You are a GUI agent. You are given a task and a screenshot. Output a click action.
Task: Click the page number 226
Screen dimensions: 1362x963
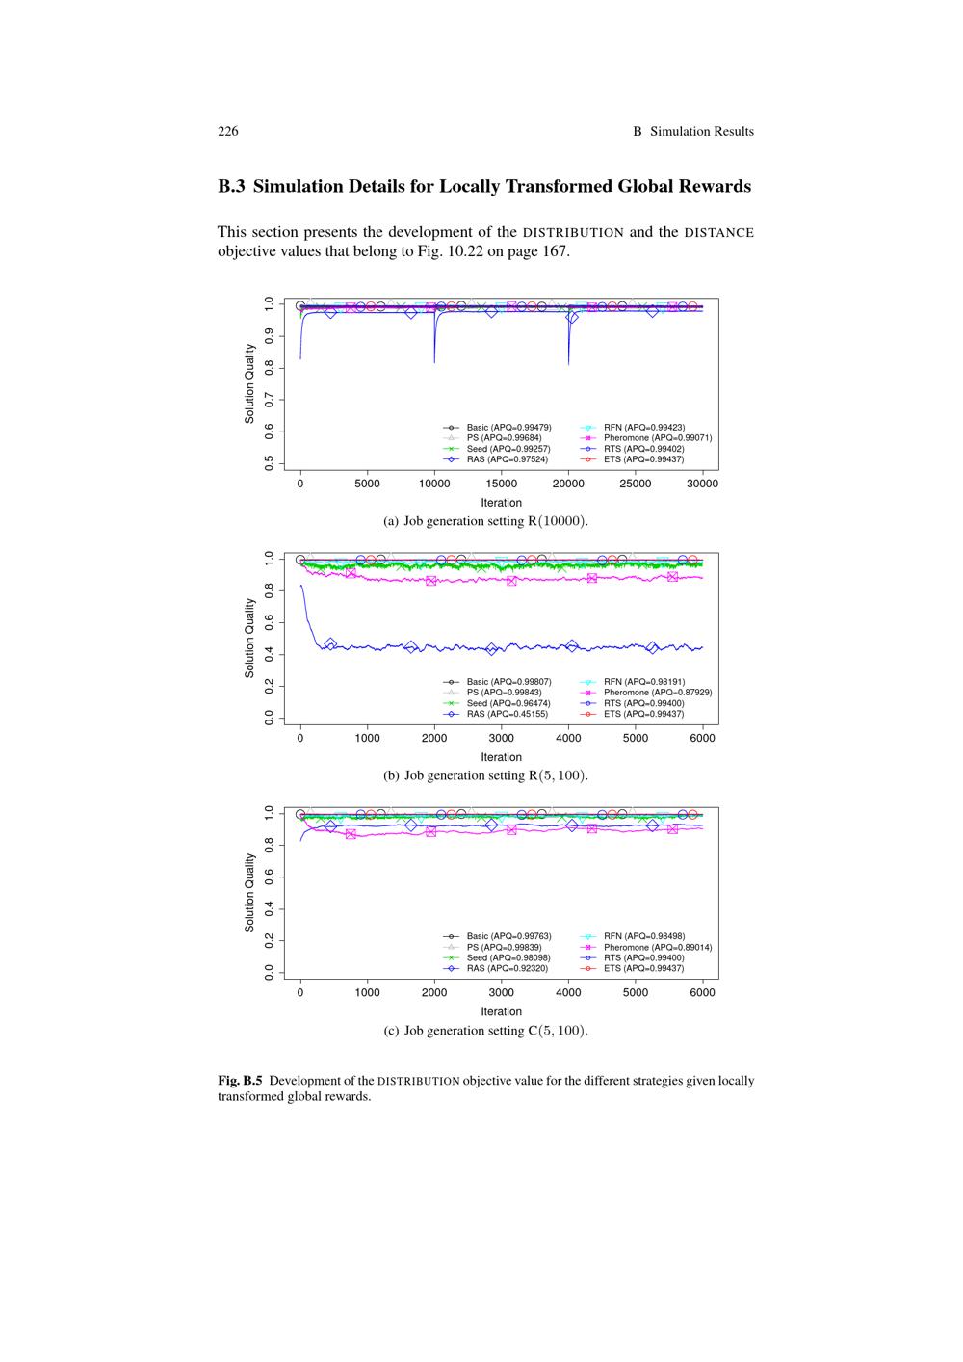coord(228,132)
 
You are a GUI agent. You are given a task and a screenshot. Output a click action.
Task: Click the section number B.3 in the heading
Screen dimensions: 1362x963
coord(232,187)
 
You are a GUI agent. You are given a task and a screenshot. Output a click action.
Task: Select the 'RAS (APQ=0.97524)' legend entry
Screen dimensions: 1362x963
coord(508,459)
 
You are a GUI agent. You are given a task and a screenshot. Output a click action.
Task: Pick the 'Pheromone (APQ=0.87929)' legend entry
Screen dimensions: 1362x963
coord(658,693)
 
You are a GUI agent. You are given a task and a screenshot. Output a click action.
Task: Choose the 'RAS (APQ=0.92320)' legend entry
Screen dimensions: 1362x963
coord(508,968)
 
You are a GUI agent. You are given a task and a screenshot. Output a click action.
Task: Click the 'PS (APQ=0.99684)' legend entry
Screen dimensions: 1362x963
coord(504,438)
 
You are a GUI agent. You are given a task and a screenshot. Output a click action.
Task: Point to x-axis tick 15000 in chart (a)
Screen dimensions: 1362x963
coord(501,484)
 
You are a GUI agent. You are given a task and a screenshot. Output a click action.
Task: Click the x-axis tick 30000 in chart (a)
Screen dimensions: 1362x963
coord(702,484)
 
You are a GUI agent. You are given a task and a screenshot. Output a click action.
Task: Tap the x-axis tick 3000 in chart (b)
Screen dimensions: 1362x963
coord(501,738)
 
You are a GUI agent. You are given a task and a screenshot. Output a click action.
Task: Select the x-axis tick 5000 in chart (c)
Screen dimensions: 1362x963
coord(635,992)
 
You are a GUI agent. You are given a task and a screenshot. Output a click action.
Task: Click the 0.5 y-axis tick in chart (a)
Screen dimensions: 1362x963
coord(269,464)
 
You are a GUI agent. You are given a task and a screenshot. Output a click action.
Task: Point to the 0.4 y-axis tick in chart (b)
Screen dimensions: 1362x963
coord(269,655)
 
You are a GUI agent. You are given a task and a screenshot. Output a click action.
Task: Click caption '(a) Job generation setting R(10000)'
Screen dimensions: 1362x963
coord(485,521)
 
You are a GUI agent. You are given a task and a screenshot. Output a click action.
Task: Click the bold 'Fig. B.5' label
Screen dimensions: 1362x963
coord(240,1081)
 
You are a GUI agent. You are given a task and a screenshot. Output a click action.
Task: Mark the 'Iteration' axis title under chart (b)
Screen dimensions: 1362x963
coord(501,757)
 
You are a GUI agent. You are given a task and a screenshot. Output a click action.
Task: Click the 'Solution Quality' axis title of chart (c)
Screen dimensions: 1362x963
coord(249,892)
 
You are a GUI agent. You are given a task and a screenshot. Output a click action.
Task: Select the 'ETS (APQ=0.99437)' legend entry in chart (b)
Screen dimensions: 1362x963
coord(644,714)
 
